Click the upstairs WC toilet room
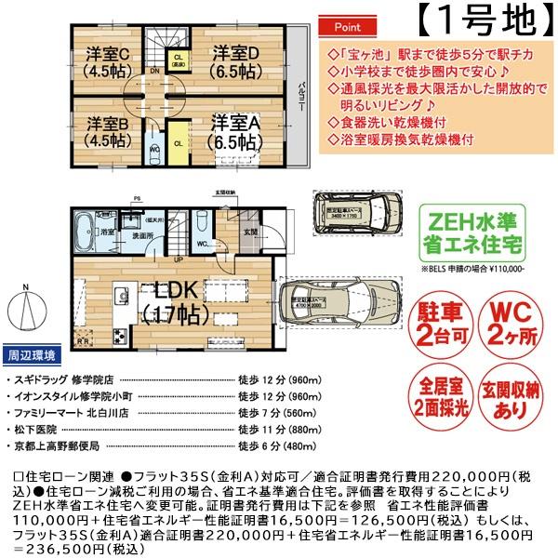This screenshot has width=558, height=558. coord(153,148)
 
